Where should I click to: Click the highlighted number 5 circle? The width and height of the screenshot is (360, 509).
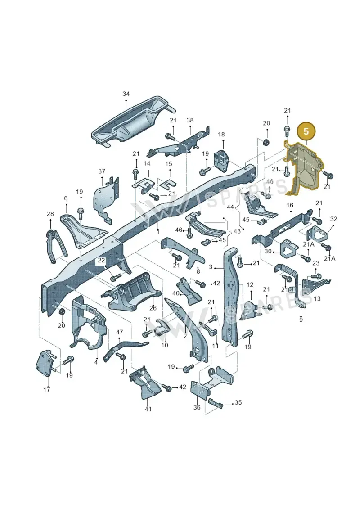306,131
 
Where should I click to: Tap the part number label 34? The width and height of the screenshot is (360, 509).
126,94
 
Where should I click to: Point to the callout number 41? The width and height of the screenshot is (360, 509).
148,409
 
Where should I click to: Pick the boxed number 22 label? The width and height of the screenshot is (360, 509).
102,260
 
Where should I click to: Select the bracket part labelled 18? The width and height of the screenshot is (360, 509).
223,159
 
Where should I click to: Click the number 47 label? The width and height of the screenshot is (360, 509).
119,332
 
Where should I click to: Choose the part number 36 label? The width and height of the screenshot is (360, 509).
197,407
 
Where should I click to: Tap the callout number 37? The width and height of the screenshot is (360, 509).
102,171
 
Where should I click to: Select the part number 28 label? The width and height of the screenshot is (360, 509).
50,214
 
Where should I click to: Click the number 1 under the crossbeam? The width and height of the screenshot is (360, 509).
158,232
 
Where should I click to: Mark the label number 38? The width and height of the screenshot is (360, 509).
190,120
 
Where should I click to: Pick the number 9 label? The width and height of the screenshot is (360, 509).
301,320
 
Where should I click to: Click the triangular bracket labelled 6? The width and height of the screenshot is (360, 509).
83,230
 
